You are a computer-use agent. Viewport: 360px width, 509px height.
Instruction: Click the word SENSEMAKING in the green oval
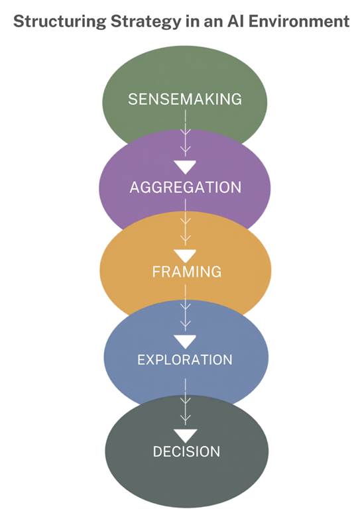pyautogui.click(x=184, y=99)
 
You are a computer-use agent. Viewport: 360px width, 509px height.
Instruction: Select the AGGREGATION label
pyautogui.click(x=185, y=187)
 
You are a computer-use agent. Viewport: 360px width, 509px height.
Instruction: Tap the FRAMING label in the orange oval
pyautogui.click(x=185, y=272)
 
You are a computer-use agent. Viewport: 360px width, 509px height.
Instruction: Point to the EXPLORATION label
pyautogui.click(x=184, y=360)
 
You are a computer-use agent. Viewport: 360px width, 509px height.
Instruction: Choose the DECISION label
pyautogui.click(x=186, y=451)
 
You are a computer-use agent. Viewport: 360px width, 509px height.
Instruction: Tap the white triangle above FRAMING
pyautogui.click(x=185, y=255)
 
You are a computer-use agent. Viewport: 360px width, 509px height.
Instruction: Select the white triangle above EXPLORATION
pyautogui.click(x=185, y=342)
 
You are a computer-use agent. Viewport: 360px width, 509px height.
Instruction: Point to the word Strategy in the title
pyautogui.click(x=127, y=22)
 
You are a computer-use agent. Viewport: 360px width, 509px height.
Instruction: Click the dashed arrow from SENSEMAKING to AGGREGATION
pyautogui.click(x=186, y=133)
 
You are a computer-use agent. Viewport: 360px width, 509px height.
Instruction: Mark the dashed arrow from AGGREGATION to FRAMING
pyautogui.click(x=186, y=222)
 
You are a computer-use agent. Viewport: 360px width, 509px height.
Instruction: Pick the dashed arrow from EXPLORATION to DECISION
pyautogui.click(x=186, y=401)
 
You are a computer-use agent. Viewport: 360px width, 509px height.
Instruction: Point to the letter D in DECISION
pyautogui.click(x=158, y=451)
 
